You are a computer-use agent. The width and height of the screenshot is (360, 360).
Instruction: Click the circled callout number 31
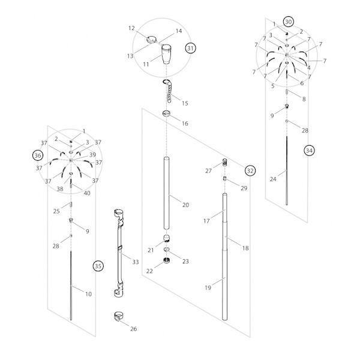(x=191, y=47)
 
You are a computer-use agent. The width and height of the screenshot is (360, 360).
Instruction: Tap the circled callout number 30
(x=289, y=22)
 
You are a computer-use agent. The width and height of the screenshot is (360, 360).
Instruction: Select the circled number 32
(x=250, y=170)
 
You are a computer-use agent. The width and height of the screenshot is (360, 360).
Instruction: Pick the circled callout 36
(x=38, y=155)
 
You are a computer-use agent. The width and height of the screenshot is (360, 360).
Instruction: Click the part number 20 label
(x=185, y=205)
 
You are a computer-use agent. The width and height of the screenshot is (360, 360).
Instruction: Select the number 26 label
(x=133, y=328)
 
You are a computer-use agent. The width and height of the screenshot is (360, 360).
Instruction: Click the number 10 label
(x=88, y=294)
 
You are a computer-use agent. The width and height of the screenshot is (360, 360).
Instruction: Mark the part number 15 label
(x=184, y=103)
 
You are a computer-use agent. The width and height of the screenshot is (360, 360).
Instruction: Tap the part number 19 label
(x=208, y=289)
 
